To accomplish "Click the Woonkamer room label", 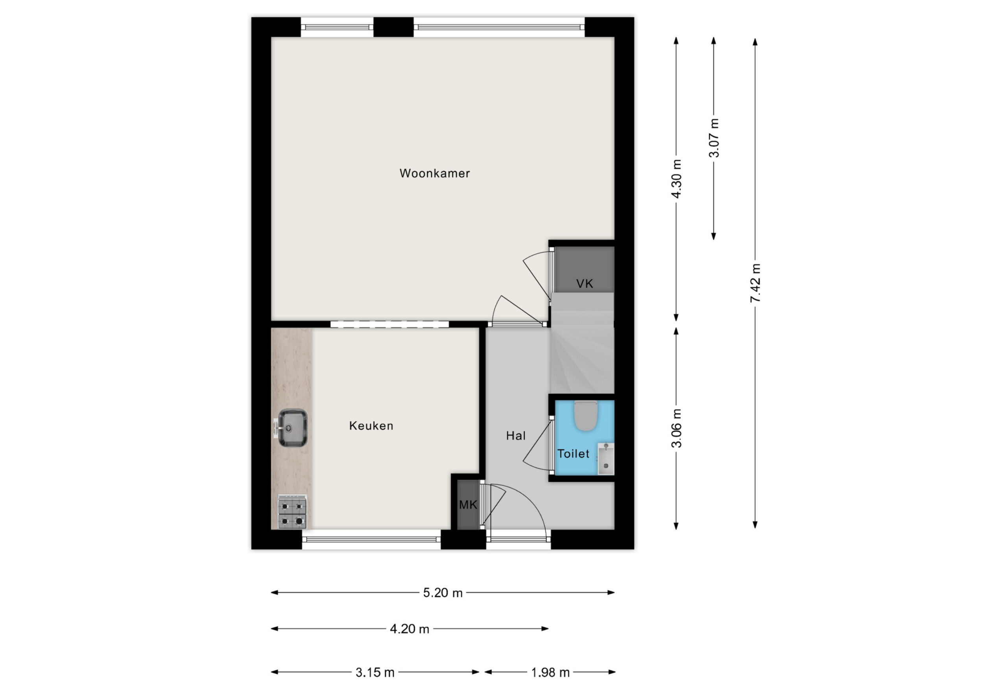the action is (435, 173).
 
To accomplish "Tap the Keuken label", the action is (371, 426).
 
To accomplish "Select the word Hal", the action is (516, 436).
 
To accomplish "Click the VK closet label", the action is (585, 284).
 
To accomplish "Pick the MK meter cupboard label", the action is (468, 504).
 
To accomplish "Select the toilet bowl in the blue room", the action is (585, 416).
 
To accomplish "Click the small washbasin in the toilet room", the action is (606, 459).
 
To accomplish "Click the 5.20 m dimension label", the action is (443, 593).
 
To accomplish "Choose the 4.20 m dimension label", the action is (409, 629).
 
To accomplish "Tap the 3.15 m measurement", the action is (375, 673).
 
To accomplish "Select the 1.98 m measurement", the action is (550, 673).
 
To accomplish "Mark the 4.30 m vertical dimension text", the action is (677, 178).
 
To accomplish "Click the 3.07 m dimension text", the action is (714, 138).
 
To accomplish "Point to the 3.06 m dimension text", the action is (677, 428).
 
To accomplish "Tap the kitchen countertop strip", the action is (291, 429).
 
